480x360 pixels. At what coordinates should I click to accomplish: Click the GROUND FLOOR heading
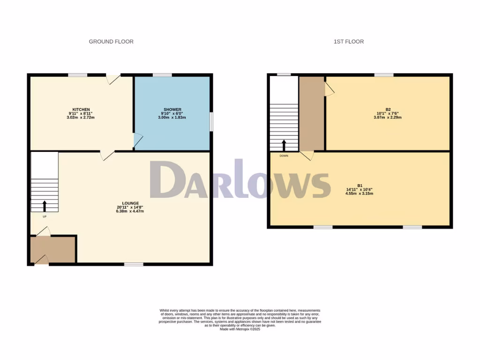[x=111, y=42]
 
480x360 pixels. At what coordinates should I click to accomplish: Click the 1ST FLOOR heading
[x=348, y=42]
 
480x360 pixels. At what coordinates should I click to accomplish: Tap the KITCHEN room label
[x=78, y=109]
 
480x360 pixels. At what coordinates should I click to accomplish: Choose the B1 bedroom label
[x=360, y=185]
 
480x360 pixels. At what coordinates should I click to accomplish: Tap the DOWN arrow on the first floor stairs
[x=284, y=145]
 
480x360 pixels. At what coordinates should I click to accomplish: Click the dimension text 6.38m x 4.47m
[x=130, y=211]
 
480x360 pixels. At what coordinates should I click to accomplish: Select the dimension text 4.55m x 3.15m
[x=360, y=194]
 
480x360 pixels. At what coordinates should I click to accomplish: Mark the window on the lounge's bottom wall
[x=134, y=264]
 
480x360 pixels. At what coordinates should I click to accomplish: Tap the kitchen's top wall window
[x=77, y=75]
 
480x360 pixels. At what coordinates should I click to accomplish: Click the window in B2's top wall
[x=383, y=75]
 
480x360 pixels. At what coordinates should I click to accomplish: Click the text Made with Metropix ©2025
[x=240, y=329]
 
